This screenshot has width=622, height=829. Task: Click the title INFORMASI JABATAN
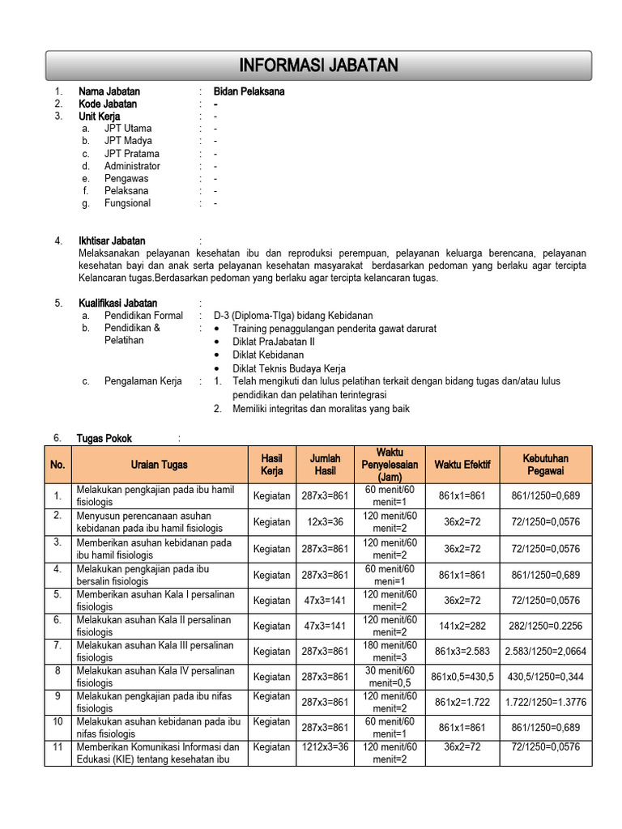coord(318,66)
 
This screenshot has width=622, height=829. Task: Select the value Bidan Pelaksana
coord(249,91)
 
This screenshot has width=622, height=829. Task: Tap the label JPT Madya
coord(128,141)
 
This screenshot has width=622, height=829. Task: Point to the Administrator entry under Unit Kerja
coord(132,166)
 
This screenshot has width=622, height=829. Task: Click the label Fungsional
coord(127,203)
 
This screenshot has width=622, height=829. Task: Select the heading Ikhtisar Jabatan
coord(112,240)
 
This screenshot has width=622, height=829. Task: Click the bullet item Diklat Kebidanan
coord(268,355)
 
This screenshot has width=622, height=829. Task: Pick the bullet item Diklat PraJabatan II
coord(274,342)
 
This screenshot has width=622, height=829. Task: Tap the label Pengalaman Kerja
coord(143,380)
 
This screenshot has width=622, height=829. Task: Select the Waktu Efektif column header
coord(462,465)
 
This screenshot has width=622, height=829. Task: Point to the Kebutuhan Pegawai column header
coord(546,465)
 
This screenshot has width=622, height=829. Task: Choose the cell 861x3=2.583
coord(462,651)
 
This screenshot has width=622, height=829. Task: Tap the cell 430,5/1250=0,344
coord(546,677)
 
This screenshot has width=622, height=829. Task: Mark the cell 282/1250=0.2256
coord(546,626)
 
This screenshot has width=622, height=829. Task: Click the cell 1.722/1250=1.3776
coord(546,702)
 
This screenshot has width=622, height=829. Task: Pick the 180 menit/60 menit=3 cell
coord(390,651)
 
